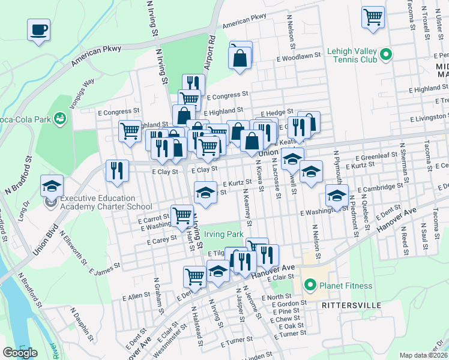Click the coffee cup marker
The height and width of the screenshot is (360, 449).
click(x=38, y=29)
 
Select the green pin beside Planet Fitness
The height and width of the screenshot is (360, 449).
click(x=310, y=285)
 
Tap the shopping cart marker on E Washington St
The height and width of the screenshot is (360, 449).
click(x=182, y=216)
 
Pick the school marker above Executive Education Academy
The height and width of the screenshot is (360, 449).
click(x=52, y=186)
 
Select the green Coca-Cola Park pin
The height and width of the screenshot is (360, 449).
click(x=60, y=118)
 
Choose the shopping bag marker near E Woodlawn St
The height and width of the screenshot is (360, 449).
click(x=240, y=58)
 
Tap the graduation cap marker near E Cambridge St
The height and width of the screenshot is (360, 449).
click(x=337, y=195)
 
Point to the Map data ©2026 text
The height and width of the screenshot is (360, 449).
click(x=424, y=355)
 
